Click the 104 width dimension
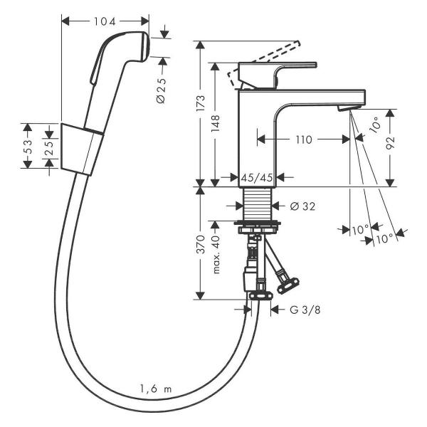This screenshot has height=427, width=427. pos(104,21)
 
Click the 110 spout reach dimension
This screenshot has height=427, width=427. pos(305,140)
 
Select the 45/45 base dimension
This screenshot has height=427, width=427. pos(256,177)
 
